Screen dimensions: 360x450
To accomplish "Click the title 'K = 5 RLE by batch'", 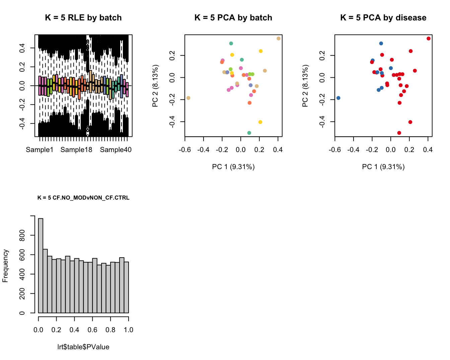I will [x=83, y=18].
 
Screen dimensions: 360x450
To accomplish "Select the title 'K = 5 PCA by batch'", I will [x=233, y=18].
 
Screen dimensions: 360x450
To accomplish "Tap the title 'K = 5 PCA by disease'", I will [x=383, y=18].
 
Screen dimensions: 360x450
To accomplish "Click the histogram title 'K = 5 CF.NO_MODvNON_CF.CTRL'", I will [x=83, y=198].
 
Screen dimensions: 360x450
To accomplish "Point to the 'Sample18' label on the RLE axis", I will [x=76, y=150].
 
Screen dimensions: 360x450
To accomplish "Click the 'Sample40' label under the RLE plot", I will [x=116, y=150].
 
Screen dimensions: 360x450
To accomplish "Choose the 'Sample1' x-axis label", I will [x=40, y=150].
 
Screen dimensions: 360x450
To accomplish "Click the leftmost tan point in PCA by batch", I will [x=188, y=98].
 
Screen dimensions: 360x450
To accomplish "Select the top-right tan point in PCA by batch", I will [x=279, y=39].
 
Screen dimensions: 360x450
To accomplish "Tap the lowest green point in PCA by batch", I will [x=249, y=133].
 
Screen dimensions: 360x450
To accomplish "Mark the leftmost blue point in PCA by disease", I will [x=338, y=98].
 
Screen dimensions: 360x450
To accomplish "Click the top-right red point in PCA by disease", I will [x=429, y=39].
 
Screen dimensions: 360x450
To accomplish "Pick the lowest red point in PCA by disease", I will [x=399, y=133].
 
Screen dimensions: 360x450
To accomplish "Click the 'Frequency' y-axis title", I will [x=5, y=266].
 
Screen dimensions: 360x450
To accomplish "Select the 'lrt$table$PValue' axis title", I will [x=83, y=347].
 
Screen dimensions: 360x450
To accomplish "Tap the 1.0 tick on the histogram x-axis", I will [x=129, y=330].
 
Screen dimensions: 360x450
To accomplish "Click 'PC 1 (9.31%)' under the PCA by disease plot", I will [x=383, y=167].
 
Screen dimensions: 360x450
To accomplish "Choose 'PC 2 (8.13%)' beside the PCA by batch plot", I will [x=155, y=86].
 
